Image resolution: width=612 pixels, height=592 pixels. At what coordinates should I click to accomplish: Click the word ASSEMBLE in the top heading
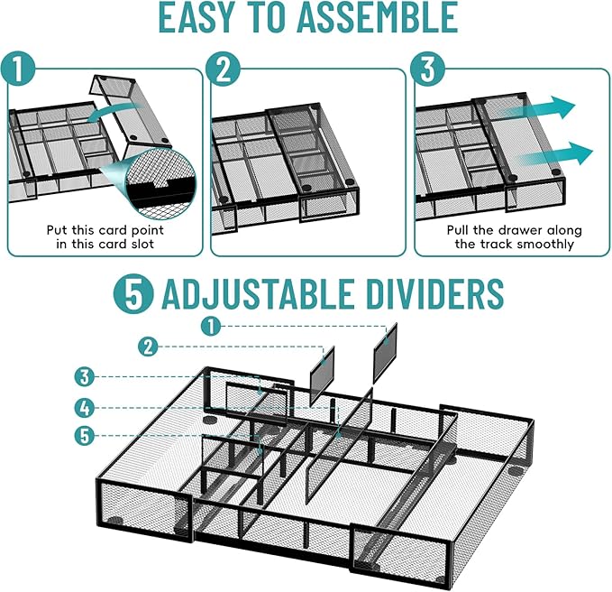tap(378, 16)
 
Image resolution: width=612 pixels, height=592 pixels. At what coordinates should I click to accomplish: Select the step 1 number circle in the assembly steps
tap(18, 69)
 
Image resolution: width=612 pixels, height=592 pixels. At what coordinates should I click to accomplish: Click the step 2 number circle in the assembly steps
tap(224, 69)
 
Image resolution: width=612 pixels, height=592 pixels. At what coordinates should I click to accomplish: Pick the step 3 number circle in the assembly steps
tap(428, 69)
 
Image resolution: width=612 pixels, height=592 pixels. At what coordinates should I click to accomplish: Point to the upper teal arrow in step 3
tap(538, 106)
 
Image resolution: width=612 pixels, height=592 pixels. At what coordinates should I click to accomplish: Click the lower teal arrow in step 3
tap(554, 153)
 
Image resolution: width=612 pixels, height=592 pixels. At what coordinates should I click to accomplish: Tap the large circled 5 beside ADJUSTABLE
tap(133, 293)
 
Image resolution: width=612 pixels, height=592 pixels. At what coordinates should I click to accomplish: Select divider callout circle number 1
tap(211, 327)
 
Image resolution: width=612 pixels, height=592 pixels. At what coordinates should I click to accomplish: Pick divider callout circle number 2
tap(149, 347)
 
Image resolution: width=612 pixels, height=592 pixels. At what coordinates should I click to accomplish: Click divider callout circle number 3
tap(85, 377)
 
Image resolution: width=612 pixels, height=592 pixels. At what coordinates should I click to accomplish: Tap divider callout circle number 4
tap(85, 408)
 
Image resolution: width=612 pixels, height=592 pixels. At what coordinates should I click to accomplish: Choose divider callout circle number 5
tap(85, 436)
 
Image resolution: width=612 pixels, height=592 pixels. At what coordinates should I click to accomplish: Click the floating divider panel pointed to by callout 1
tap(385, 353)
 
